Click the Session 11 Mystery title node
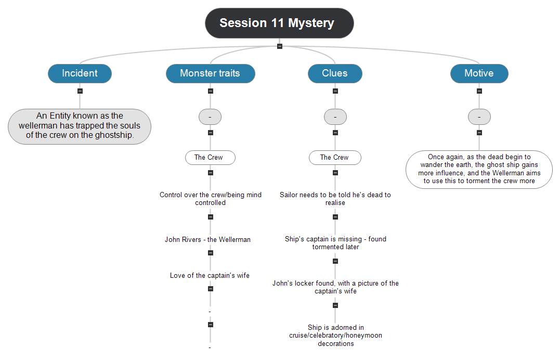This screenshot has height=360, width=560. (279, 23)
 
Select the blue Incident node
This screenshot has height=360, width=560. (80, 73)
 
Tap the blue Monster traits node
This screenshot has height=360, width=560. (210, 73)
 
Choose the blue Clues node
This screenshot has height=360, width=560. (335, 73)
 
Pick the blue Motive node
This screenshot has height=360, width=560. (479, 73)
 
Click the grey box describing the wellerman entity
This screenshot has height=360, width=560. (80, 126)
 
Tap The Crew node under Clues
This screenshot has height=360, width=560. (335, 157)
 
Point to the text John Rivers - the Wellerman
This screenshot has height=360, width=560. (207, 240)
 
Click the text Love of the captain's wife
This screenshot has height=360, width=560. (210, 275)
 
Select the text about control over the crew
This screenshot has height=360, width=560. (211, 198)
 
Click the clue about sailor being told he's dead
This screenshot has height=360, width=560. (335, 198)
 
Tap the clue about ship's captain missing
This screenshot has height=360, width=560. (335, 243)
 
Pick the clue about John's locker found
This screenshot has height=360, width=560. (335, 287)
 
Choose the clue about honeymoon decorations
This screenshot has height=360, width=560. (335, 336)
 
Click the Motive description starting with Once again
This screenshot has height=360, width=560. (479, 169)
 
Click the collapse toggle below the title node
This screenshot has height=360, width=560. (280, 46)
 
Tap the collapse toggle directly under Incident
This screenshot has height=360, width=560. (80, 91)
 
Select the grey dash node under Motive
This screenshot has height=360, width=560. (479, 117)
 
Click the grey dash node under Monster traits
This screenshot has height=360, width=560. (210, 117)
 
